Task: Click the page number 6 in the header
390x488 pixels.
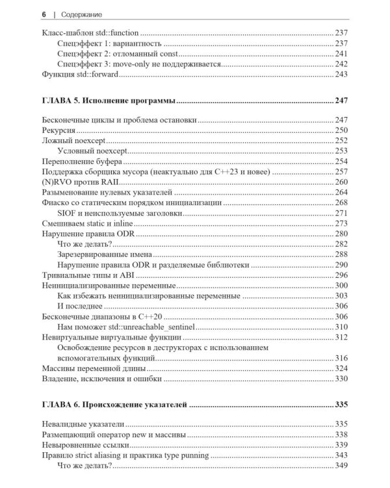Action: (43, 14)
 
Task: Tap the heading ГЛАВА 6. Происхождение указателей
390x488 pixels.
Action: (115, 405)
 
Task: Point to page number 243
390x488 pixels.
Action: (341, 75)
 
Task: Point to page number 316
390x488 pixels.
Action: (341, 357)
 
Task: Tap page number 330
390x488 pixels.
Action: (341, 379)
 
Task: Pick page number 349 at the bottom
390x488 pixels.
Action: (341, 465)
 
